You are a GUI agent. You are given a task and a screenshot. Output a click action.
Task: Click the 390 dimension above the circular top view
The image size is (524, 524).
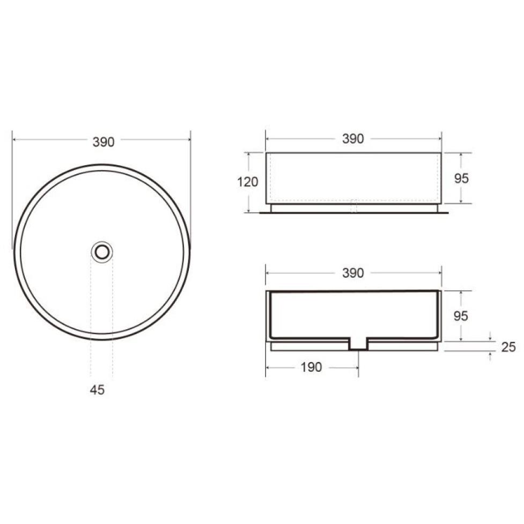click(104, 142)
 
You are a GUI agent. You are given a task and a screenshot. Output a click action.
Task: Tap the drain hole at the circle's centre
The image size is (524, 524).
click(102, 252)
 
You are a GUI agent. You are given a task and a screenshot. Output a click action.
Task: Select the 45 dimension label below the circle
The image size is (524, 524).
click(97, 390)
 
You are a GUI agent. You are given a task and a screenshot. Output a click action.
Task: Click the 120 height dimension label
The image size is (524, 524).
click(248, 182)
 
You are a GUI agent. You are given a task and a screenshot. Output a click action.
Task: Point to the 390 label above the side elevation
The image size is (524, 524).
click(353, 139)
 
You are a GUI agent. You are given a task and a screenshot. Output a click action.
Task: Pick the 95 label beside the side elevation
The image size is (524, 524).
click(461, 179)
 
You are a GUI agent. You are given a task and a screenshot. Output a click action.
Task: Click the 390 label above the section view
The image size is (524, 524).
click(353, 273)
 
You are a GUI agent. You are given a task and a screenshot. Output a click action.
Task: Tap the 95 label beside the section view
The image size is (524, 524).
click(461, 316)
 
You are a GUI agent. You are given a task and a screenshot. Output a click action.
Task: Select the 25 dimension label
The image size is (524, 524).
click(508, 347)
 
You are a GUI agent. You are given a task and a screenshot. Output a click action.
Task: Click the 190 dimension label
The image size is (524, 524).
click(311, 367)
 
